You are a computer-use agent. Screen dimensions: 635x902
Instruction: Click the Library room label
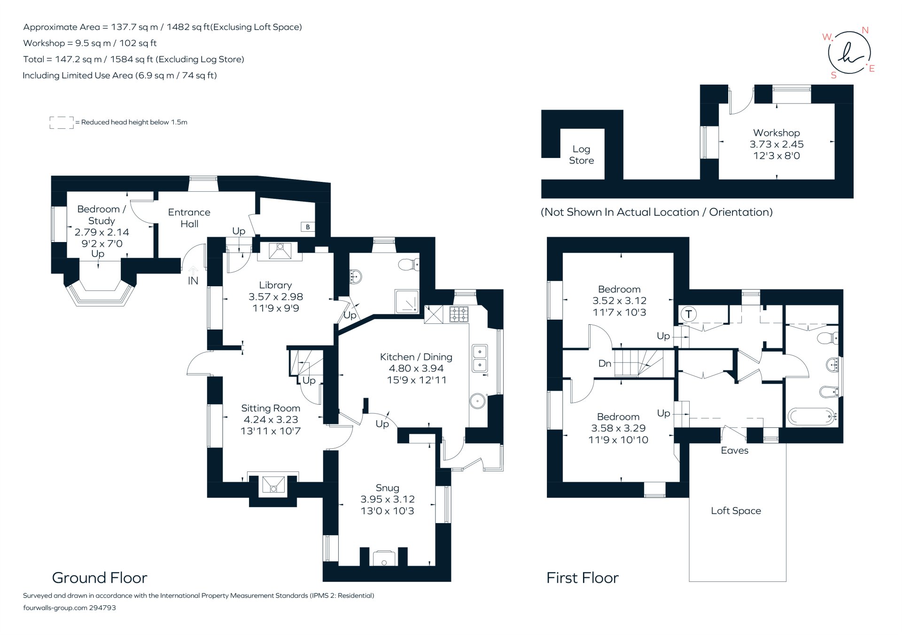click(275, 285)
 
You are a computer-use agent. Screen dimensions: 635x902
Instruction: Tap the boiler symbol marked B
click(308, 227)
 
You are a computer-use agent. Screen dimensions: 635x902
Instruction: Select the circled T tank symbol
click(688, 314)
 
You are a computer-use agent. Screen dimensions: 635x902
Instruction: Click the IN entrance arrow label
click(193, 281)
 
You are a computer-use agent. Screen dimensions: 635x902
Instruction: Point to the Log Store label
click(581, 155)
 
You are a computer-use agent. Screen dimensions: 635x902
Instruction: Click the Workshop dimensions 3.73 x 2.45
click(776, 144)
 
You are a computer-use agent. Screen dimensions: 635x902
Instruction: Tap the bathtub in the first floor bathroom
click(812, 416)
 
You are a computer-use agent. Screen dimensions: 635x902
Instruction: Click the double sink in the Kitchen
click(480, 358)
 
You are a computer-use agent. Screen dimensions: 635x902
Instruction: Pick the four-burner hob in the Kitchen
click(459, 314)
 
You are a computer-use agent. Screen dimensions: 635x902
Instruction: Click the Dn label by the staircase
click(605, 363)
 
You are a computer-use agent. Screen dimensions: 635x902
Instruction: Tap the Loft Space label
click(736, 511)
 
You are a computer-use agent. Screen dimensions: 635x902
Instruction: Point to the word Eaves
click(734, 450)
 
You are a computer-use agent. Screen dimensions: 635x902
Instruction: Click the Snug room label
click(388, 488)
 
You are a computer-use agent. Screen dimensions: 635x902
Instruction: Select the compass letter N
click(865, 30)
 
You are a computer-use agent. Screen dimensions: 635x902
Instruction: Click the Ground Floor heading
click(100, 578)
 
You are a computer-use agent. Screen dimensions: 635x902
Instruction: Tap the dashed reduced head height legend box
click(62, 123)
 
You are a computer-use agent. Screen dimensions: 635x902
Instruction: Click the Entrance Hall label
click(189, 218)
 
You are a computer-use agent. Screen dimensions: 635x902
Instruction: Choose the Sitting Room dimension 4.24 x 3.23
click(271, 419)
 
